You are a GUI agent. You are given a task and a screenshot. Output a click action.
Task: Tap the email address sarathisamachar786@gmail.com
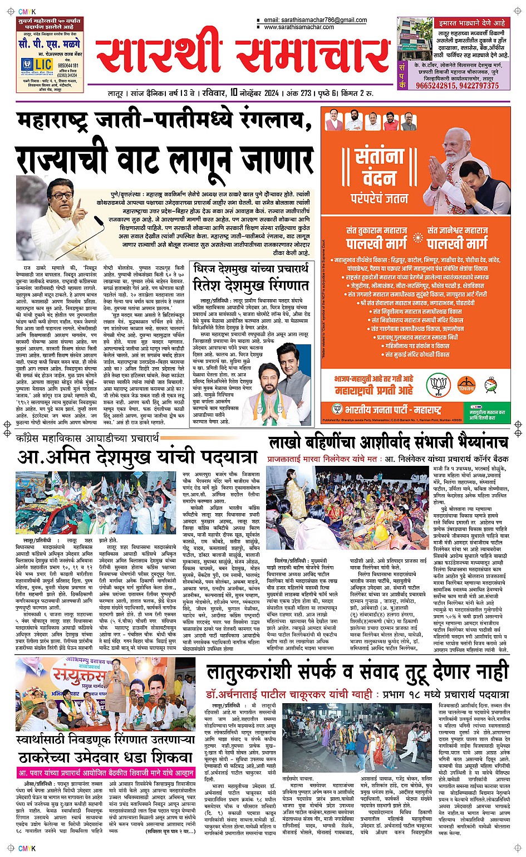point(315,20)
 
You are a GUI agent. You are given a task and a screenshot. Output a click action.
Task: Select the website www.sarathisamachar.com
point(299,27)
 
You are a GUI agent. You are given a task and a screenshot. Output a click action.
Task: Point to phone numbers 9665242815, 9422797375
point(457,86)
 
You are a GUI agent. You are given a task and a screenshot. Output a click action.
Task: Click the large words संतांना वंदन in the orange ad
point(379,167)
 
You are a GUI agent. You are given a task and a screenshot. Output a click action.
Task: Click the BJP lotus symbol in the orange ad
point(439,384)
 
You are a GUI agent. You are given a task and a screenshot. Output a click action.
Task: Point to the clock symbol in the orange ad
point(490,384)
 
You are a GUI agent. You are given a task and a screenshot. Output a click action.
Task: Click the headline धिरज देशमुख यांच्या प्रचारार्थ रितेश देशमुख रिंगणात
point(251,277)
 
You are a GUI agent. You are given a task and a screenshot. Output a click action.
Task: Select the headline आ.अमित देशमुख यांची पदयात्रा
point(137,457)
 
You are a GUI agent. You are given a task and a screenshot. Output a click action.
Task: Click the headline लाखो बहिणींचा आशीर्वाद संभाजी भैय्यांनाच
point(388,442)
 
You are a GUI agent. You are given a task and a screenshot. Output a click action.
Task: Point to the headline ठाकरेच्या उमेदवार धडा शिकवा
point(105,758)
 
